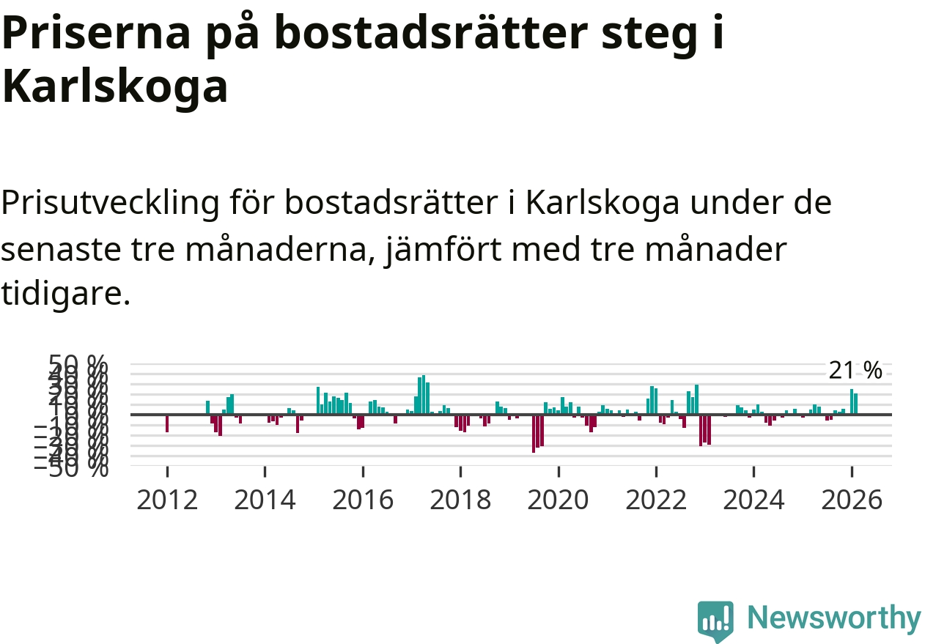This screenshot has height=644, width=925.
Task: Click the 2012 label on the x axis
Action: [167, 500]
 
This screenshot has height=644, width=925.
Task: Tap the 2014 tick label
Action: [265, 500]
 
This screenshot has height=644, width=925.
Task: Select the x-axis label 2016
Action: [363, 500]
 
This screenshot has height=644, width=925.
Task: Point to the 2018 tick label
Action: [460, 500]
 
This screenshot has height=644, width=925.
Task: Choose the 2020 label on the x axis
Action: [559, 500]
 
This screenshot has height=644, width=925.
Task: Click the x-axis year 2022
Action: [656, 500]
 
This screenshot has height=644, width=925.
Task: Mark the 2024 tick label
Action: [753, 500]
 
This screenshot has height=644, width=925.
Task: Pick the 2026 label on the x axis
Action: [852, 500]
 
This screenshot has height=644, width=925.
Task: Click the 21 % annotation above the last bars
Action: [855, 371]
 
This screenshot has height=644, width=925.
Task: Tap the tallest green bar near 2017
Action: [424, 395]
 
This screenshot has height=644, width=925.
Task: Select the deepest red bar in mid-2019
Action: [534, 433]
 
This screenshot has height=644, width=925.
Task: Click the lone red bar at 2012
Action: [167, 423]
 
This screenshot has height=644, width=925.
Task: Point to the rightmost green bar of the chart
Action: [855, 404]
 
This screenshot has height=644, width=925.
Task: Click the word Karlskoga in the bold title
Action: [116, 87]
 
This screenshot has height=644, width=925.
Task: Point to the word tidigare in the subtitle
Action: [65, 294]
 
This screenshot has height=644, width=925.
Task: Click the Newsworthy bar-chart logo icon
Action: [715, 621]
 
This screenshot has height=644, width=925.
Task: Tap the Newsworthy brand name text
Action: [834, 619]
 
